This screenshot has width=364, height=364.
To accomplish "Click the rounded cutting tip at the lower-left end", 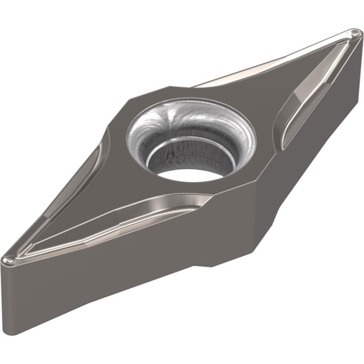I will (x=8, y=260).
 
